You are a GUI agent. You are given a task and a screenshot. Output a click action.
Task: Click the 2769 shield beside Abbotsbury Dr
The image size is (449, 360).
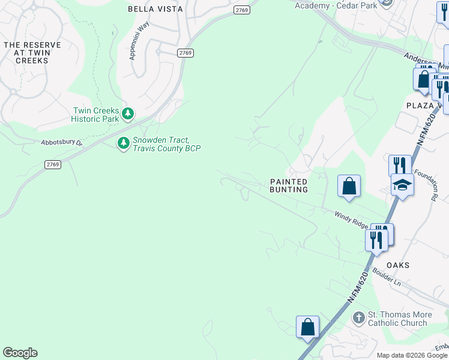point(53,164)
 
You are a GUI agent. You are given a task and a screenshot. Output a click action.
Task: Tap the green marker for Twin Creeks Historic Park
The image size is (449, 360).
point(127,113)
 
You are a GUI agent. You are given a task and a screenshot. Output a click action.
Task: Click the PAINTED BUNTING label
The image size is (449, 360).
point(289,185)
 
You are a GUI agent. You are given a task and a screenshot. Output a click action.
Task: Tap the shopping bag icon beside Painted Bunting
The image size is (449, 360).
point(349,186)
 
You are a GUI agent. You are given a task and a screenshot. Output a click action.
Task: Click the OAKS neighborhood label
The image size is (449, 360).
point(397,265)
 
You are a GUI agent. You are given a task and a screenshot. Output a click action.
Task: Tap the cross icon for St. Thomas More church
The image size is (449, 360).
point(358,317)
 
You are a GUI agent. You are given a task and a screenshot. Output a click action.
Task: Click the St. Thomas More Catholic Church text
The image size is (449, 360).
point(397,319)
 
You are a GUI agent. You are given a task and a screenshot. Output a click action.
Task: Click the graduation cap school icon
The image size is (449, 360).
point(402,185)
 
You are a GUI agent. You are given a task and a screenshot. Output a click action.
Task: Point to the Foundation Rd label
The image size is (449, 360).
point(436,184)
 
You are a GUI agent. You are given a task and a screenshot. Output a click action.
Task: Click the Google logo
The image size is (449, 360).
point(20,353)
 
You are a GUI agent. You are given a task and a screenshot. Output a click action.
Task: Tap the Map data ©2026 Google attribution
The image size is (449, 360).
point(412,355)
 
